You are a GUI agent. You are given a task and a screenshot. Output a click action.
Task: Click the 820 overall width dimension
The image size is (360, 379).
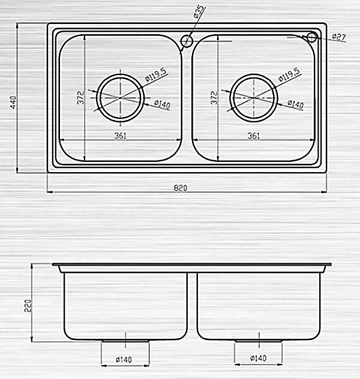coord(181,188)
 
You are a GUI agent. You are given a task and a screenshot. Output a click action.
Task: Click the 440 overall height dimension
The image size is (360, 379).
coord(12,103)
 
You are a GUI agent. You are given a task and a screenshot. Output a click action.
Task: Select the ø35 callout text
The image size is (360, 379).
coord(200,13)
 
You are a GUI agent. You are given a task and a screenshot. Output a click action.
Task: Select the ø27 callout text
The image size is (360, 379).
coord(339,37)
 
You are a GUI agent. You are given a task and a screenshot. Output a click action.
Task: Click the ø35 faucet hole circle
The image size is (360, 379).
coord(186,41)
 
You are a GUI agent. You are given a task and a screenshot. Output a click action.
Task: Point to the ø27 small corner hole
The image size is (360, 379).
coord(311,37)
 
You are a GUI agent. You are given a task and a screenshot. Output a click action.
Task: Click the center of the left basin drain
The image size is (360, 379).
coord(121,97)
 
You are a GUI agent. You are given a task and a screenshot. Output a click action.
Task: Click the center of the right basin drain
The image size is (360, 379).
coord(254,97)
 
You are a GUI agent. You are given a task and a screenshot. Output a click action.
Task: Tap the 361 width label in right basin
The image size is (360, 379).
coord(253,136)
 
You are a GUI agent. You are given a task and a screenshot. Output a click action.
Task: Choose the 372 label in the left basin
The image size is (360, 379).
coord(80,98)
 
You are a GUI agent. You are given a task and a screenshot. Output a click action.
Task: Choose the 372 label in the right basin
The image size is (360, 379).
coord(214,98)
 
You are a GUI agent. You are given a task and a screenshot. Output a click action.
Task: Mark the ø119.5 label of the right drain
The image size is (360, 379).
coord(289,76)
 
